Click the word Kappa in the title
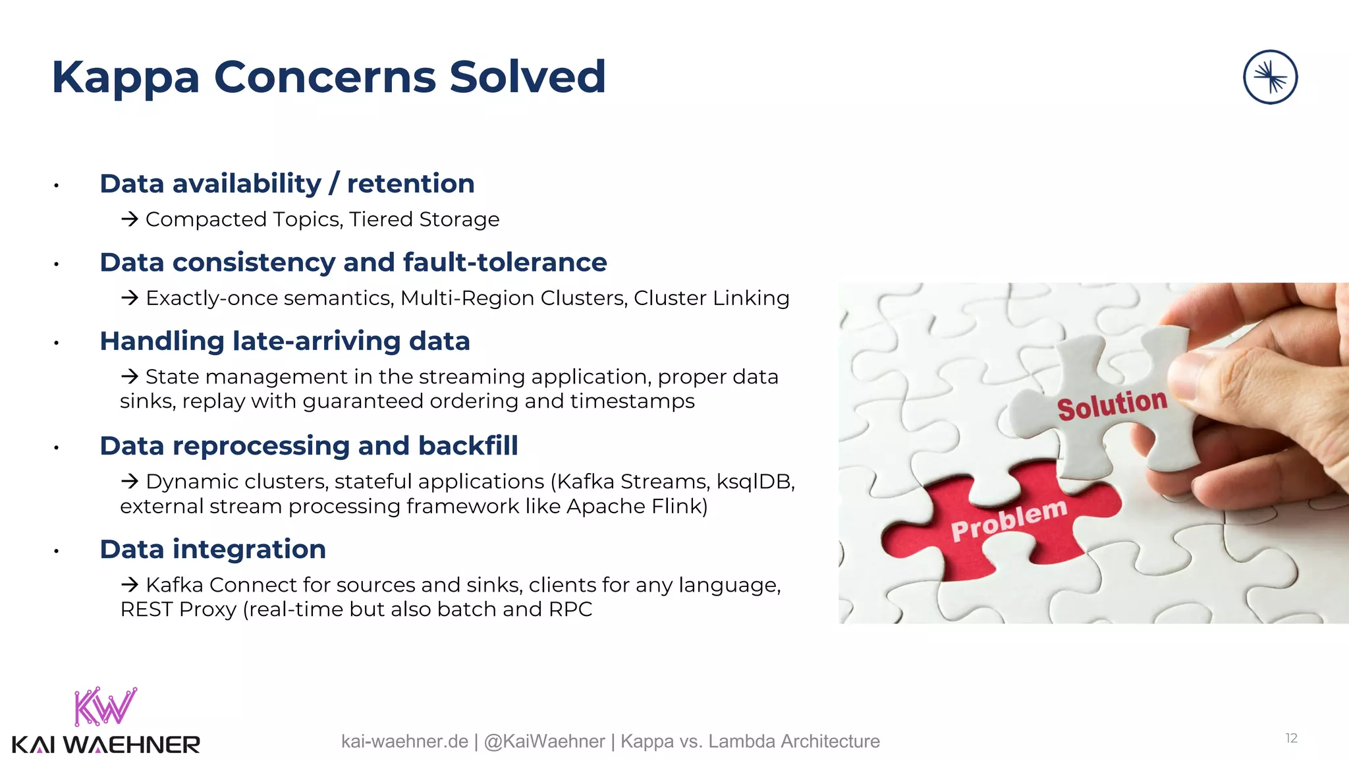(125, 78)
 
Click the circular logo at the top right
(1270, 77)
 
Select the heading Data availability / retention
(287, 183)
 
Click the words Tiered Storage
(424, 219)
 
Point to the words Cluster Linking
(711, 298)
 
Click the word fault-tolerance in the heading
(505, 262)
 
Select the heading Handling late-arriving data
(285, 341)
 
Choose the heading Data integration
(213, 549)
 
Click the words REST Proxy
(178, 609)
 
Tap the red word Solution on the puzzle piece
(1112, 404)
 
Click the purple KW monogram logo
(105, 706)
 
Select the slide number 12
(1291, 739)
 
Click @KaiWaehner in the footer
(544, 742)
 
